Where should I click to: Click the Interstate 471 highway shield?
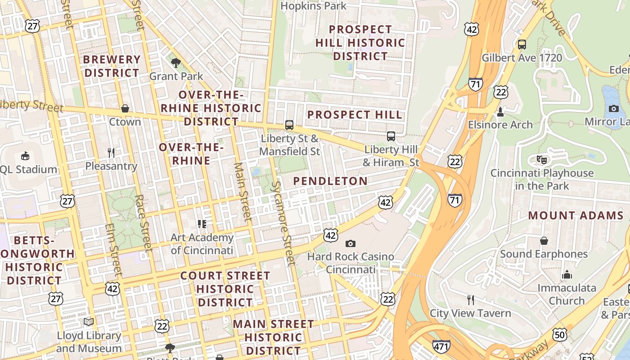[441, 346]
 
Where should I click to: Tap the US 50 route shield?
[560, 334]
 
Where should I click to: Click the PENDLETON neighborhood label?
[330, 181]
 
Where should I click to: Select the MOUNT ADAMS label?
[576, 216]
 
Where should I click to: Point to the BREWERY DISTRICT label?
[112, 66]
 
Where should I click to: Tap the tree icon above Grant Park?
[176, 63]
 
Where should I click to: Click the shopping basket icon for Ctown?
[125, 108]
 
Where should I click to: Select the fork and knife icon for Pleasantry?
[111, 153]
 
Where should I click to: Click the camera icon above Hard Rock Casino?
[350, 243]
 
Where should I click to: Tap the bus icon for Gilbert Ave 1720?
[522, 45]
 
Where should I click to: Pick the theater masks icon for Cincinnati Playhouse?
[541, 159]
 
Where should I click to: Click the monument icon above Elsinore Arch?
[500, 111]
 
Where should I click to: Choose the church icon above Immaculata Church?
[567, 274]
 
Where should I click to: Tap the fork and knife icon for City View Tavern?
[470, 300]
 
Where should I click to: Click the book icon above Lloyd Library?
[89, 322]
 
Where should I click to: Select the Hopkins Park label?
[313, 6]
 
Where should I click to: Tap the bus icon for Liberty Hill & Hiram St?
[391, 136]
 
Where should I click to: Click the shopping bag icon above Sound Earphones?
[544, 241]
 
